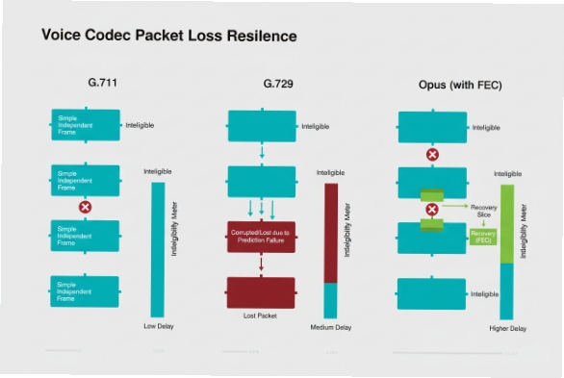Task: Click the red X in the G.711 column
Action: (85, 207)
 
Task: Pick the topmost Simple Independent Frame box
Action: (86, 124)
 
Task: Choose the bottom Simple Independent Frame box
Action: (86, 290)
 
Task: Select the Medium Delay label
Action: (330, 328)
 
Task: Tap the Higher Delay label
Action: (506, 328)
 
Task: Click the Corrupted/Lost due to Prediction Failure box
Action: (261, 236)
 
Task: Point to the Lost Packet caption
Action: (261, 315)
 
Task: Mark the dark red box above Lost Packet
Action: (261, 291)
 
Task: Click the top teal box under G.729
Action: (261, 125)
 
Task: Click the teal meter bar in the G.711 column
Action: (158, 247)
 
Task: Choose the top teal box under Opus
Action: (433, 125)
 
